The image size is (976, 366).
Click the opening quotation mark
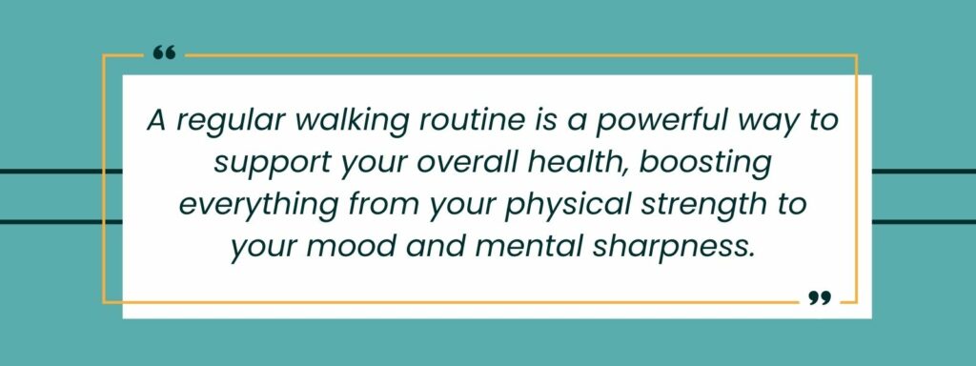point(164,52)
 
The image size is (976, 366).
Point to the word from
point(360,205)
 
